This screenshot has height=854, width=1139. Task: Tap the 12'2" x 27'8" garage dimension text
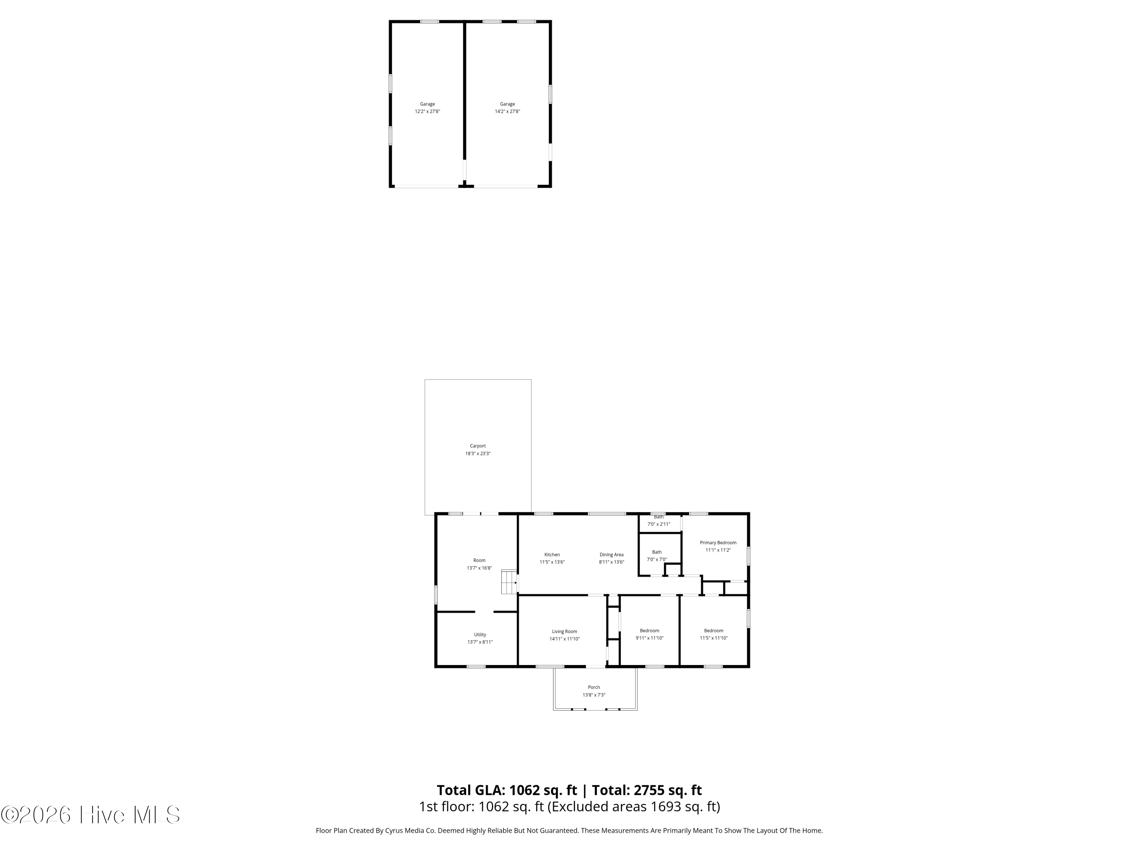click(x=428, y=112)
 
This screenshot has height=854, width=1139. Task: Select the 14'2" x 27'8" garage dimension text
click(x=507, y=112)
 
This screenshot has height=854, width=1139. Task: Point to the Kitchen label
click(x=552, y=555)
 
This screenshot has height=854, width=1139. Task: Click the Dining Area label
click(x=611, y=555)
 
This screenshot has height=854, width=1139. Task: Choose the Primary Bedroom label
click(x=718, y=542)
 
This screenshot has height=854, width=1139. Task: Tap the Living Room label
click(x=564, y=632)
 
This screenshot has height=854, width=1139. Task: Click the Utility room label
click(x=480, y=635)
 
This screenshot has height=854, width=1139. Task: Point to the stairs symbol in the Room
click(x=509, y=582)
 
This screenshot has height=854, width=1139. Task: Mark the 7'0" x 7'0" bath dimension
click(x=656, y=559)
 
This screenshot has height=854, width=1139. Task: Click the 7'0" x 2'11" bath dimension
click(x=659, y=524)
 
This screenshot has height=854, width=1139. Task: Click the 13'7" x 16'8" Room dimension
click(x=479, y=568)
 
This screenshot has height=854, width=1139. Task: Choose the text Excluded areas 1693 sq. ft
click(x=633, y=807)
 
